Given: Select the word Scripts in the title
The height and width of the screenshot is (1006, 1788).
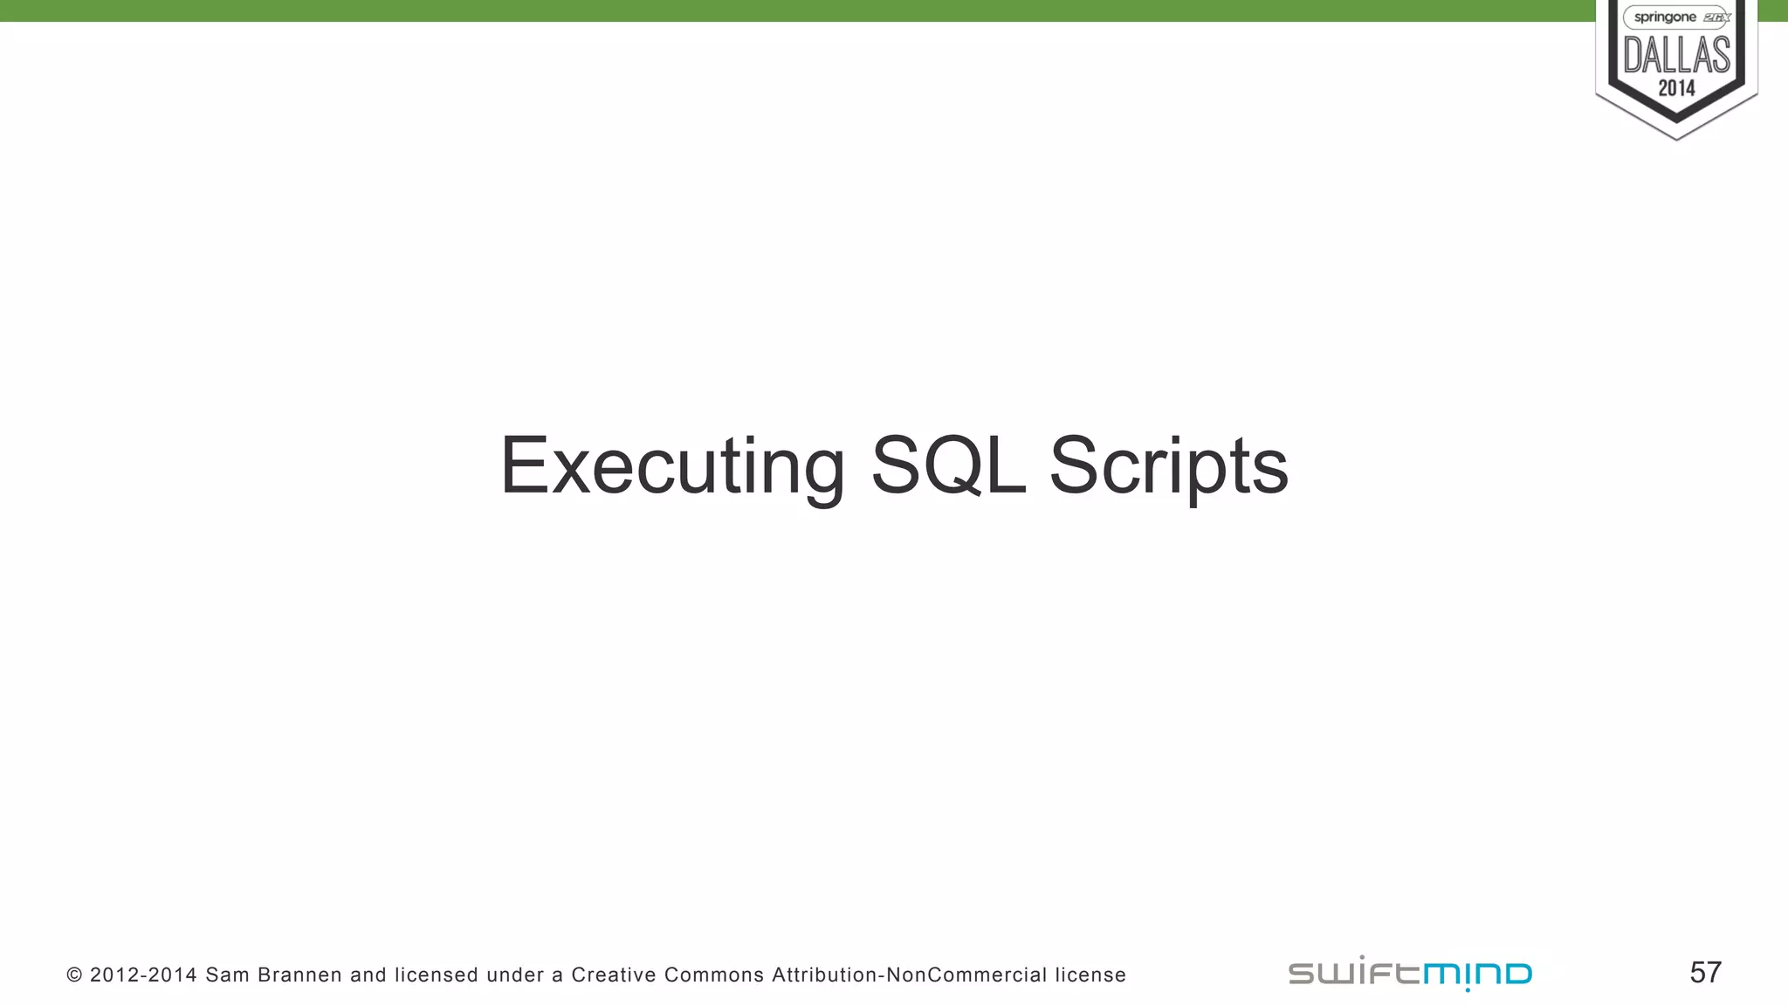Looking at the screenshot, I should [x=1168, y=466].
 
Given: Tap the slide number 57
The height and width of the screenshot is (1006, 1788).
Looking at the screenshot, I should [x=1705, y=973].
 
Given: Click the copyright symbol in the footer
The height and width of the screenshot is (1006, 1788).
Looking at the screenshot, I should [x=74, y=975].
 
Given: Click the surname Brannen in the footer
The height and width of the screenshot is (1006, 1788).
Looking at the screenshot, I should [x=299, y=975].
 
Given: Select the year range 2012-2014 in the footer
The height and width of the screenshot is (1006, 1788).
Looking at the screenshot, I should [x=143, y=975].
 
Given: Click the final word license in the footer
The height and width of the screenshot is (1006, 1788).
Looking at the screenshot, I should [x=1090, y=975].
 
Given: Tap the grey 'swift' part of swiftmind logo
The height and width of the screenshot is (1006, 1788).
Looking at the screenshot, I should [x=1354, y=973].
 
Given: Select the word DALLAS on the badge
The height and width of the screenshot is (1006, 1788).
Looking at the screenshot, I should [x=1676, y=55].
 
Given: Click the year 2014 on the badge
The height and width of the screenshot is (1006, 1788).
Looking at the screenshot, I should [x=1676, y=88].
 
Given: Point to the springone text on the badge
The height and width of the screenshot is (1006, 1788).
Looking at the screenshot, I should [x=1664, y=17].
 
